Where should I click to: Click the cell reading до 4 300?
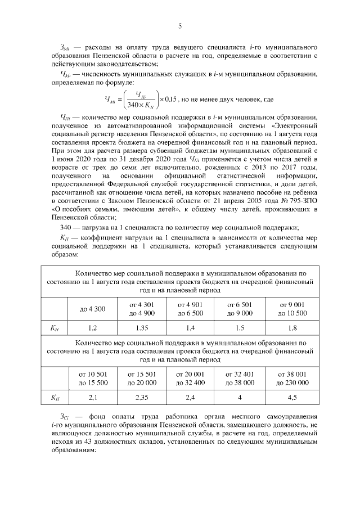pyautogui.click(x=93, y=309)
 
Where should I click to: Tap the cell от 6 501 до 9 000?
pyautogui.click(x=240, y=309)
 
